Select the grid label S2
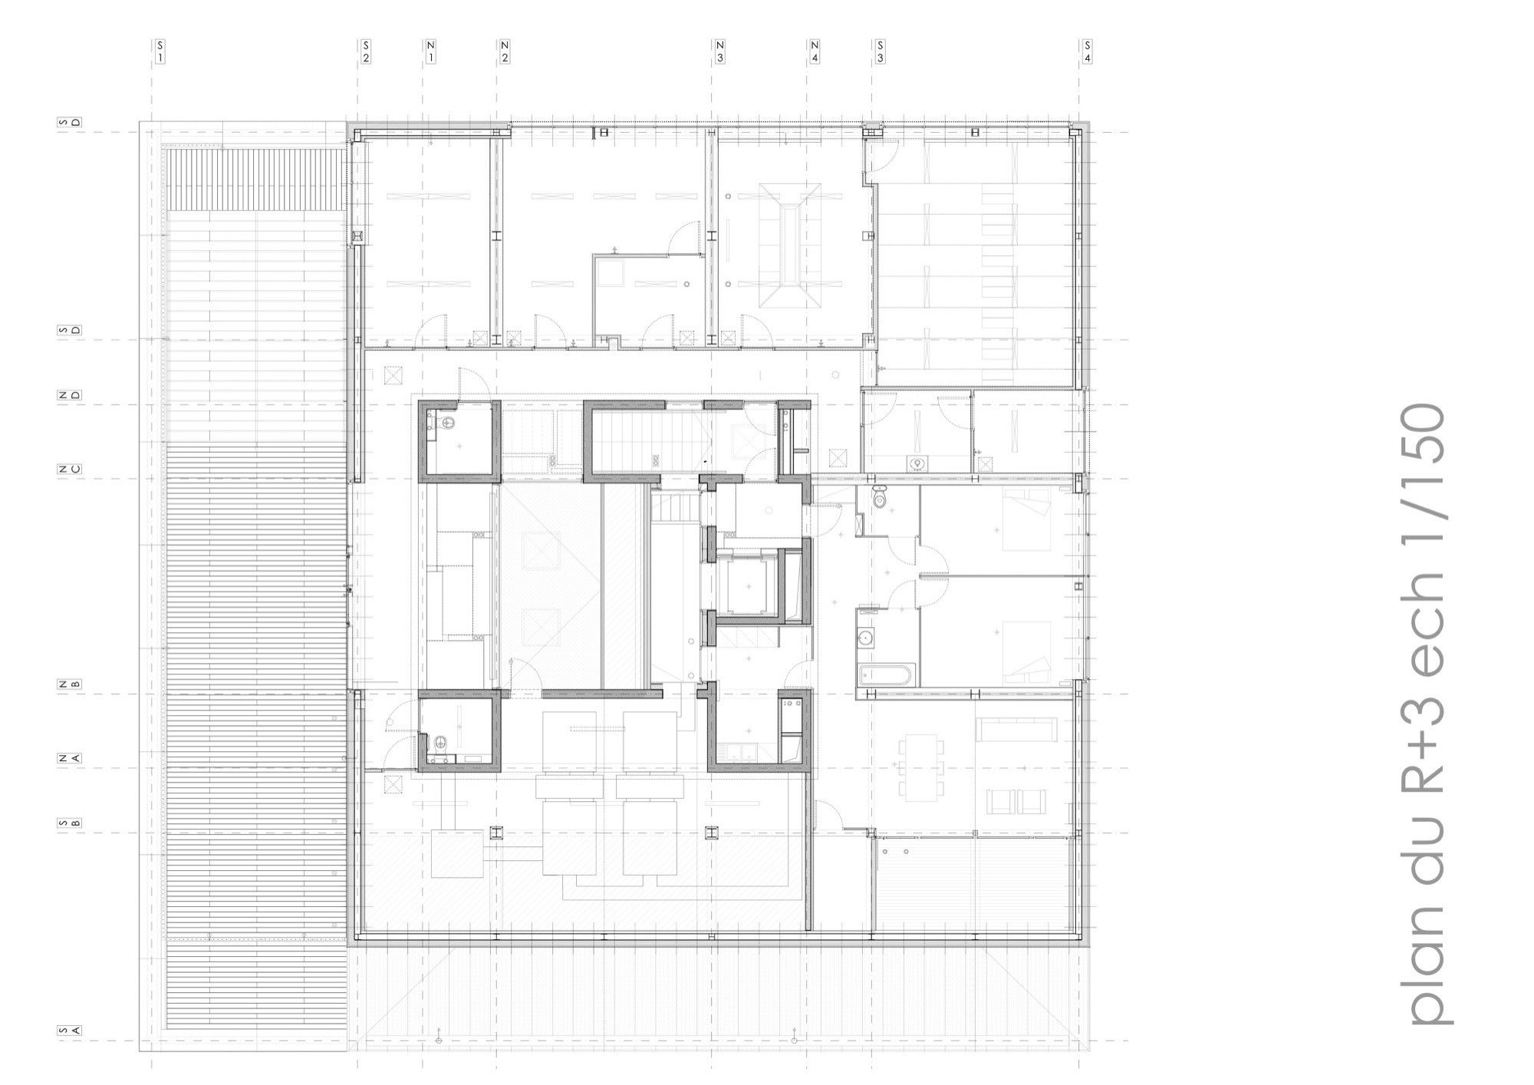click(x=366, y=51)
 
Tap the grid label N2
click(x=505, y=51)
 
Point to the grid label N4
click(x=814, y=51)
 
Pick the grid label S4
click(x=1087, y=51)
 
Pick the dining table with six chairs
click(x=921, y=768)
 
